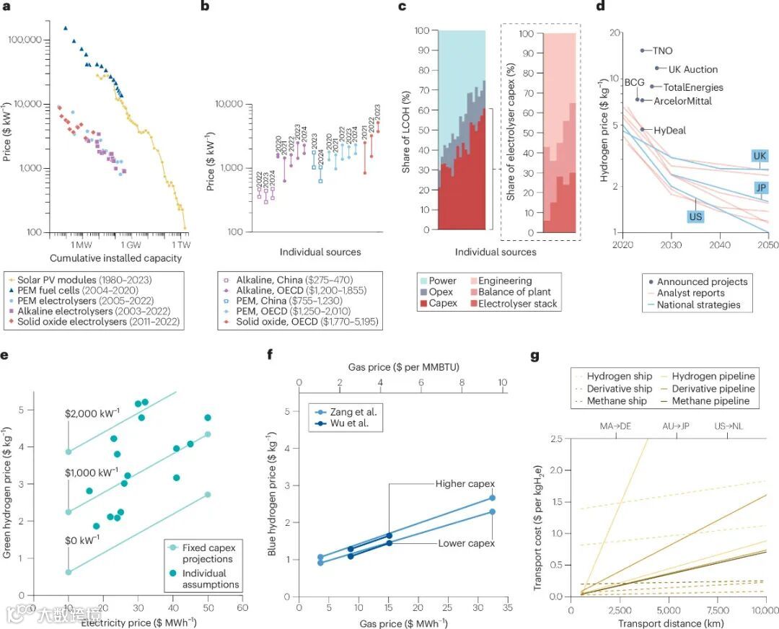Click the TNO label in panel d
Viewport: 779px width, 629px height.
click(x=662, y=51)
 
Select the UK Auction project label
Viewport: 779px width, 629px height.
click(x=692, y=69)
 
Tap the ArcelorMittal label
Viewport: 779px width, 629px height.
click(x=682, y=101)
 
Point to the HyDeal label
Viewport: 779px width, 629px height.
click(x=669, y=131)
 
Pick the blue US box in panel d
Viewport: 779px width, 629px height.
click(x=695, y=216)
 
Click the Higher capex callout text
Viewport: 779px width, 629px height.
click(x=465, y=483)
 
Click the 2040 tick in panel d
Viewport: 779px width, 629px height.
click(x=719, y=245)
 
